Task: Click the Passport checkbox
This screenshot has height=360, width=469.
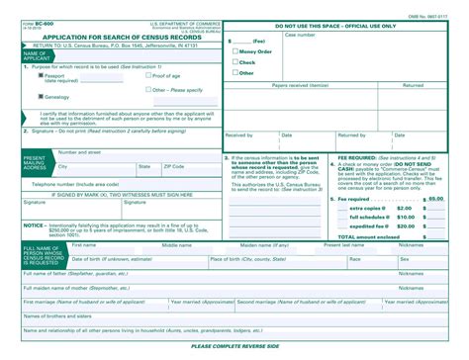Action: (42, 75)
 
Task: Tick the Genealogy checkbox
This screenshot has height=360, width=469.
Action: (42, 97)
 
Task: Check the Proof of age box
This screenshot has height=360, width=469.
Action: (146, 75)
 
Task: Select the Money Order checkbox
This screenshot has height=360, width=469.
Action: (234, 51)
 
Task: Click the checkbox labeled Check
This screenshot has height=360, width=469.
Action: (234, 62)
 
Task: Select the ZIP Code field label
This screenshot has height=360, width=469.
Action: (174, 166)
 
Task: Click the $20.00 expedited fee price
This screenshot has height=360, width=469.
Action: (405, 226)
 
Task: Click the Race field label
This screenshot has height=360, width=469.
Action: (354, 258)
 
